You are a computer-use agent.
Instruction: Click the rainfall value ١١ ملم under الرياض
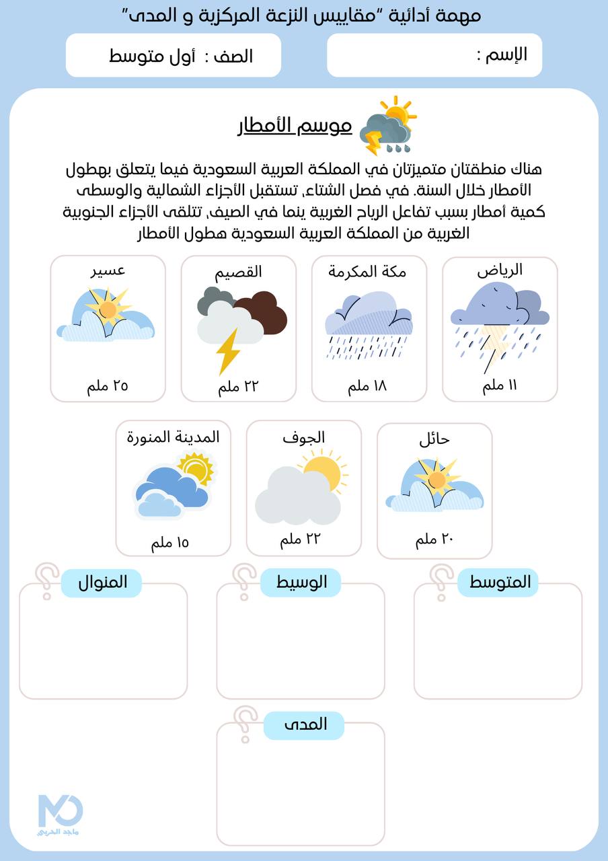pyautogui.click(x=500, y=386)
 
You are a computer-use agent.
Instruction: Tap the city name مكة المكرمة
pyautogui.click(x=367, y=271)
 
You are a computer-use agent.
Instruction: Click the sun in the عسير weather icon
pyautogui.click(x=108, y=309)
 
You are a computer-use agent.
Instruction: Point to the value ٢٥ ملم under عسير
pyautogui.click(x=108, y=386)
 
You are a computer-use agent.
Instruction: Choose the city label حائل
pyautogui.click(x=434, y=439)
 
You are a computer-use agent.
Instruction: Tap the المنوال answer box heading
pyautogui.click(x=102, y=583)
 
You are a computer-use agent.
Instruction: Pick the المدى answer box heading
pyautogui.click(x=305, y=725)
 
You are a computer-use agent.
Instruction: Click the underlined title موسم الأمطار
pyautogui.click(x=295, y=126)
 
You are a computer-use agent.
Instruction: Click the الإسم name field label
pyautogui.click(x=501, y=55)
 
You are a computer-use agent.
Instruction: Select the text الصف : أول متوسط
pyautogui.click(x=180, y=56)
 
